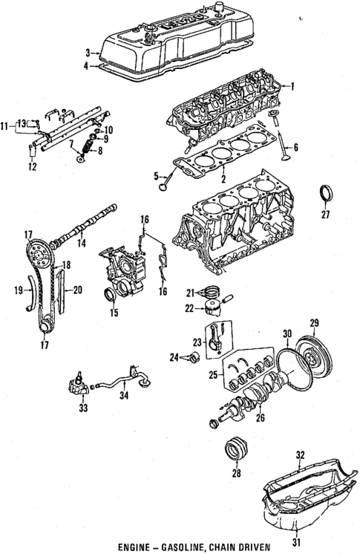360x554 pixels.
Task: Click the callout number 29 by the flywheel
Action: (x=314, y=323)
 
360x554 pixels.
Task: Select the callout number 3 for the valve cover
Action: (x=87, y=51)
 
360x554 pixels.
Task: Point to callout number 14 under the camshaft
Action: (x=81, y=243)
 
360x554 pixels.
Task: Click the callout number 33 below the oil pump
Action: (x=82, y=408)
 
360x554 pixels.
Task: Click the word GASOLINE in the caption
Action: (x=181, y=545)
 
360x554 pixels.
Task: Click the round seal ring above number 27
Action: (x=324, y=194)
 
